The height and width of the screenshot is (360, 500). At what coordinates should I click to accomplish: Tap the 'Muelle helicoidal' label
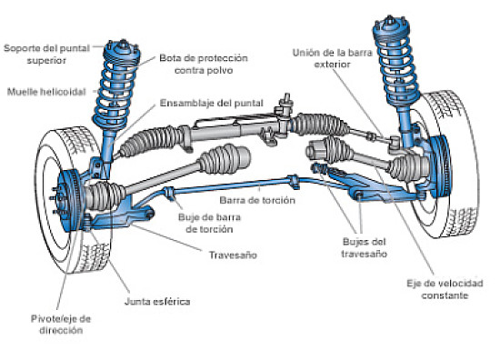pos(45,91)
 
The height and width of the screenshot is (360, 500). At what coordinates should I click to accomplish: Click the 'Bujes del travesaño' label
pos(365,248)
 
